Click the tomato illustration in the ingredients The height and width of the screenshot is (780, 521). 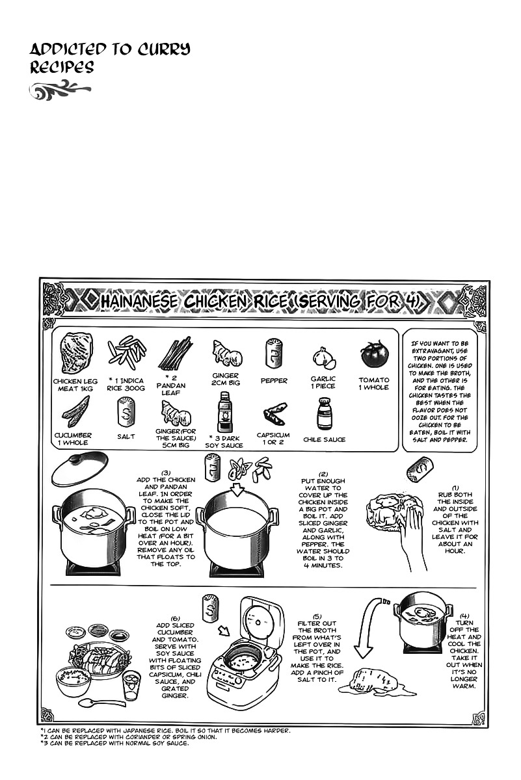coord(374,355)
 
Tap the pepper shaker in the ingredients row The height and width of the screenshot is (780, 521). coord(273,354)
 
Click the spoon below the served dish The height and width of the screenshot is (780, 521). coord(94,702)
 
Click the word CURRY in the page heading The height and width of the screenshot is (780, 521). coord(159,49)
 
